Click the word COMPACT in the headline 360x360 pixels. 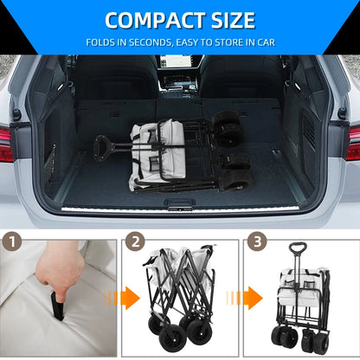[155, 21]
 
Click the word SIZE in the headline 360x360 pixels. [234, 21]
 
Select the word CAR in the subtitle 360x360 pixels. [267, 42]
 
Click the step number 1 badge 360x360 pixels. [12, 241]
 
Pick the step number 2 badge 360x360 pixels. [135, 241]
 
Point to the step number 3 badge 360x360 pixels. [257, 241]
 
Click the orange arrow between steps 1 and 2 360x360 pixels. [122, 298]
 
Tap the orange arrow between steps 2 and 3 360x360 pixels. [245, 298]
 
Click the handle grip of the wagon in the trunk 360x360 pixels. [100, 148]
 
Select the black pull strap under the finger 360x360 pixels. [57, 306]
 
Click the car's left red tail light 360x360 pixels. [6, 144]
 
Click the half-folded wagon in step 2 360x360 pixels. [179, 297]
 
